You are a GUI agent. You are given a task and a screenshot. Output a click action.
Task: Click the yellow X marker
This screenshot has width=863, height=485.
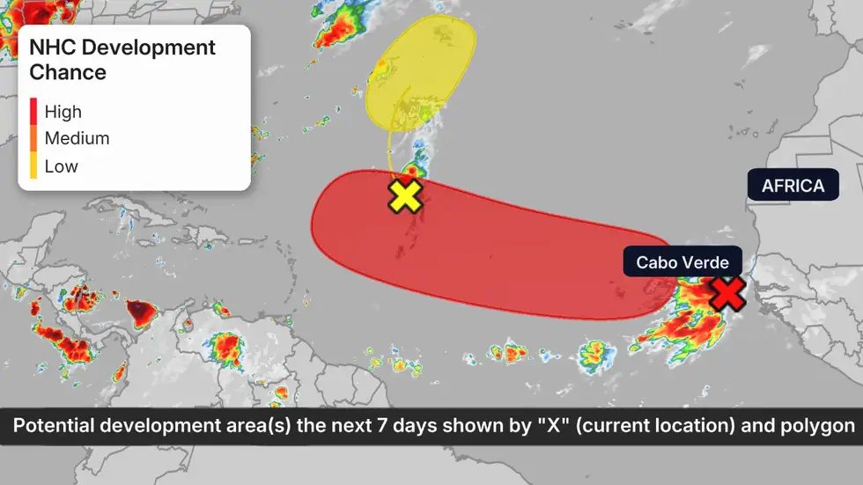click(405, 195)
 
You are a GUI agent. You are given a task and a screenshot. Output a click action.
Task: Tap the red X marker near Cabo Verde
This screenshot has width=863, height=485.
click(727, 294)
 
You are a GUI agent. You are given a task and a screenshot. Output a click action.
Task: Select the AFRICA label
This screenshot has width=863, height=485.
click(793, 186)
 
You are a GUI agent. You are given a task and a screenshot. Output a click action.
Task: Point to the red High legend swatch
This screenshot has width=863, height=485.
click(33, 111)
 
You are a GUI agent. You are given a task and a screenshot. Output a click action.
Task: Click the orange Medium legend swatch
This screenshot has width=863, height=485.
click(33, 138)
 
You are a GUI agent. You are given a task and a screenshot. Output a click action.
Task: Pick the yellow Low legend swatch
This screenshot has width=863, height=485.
click(33, 165)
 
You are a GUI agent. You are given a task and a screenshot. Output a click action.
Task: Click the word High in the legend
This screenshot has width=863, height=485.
click(63, 112)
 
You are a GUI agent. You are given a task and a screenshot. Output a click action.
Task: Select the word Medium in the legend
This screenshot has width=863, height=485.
click(77, 138)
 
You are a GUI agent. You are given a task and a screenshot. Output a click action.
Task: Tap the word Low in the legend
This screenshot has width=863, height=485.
click(61, 166)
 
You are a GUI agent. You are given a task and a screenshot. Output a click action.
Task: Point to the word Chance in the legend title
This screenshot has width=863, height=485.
click(68, 72)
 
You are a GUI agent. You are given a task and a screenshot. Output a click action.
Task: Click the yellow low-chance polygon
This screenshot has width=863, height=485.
click(421, 75)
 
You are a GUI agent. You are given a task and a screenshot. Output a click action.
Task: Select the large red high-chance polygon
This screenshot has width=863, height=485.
click(493, 246)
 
